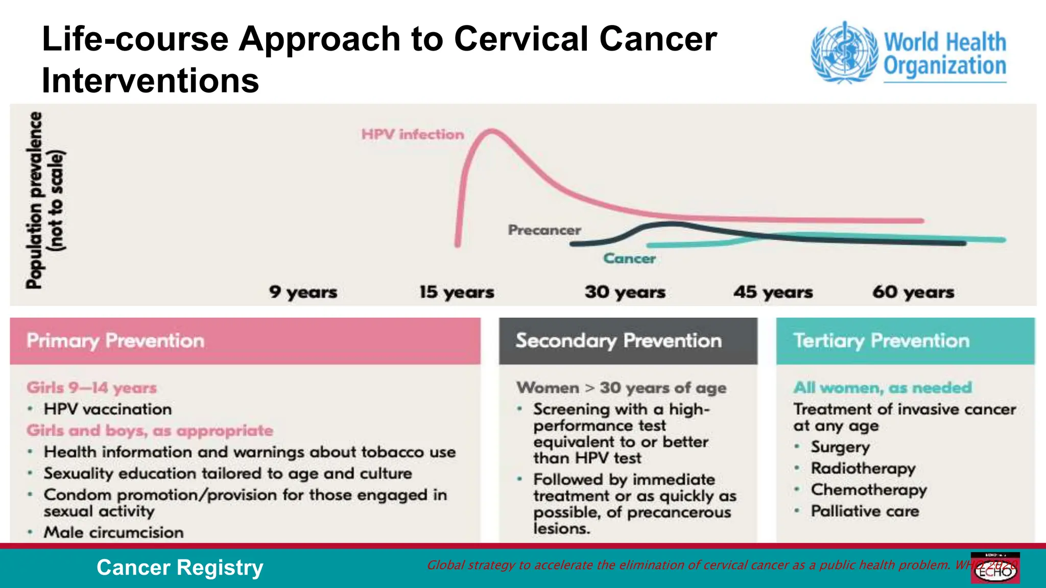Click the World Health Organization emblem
845,53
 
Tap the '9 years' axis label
303,292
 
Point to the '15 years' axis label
457,292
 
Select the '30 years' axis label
625,292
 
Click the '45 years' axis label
773,292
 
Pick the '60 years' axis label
913,292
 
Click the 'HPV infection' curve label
413,134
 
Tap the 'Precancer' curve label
544,230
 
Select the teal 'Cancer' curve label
629,259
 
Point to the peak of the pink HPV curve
492,131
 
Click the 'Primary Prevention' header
115,340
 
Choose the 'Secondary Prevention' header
619,340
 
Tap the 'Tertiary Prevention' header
881,340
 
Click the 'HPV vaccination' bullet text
107,409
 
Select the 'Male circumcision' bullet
113,532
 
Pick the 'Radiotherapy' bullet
863,468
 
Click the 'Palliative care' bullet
865,511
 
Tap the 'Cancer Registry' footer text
180,568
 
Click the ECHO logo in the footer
995,568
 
